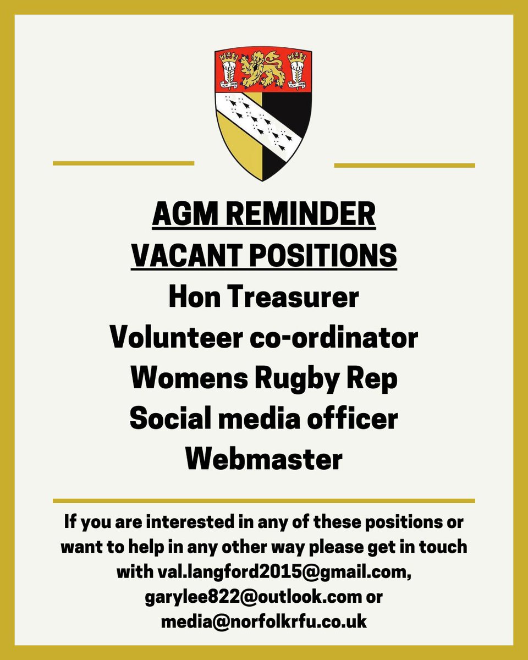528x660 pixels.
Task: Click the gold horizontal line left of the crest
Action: (x=123, y=163)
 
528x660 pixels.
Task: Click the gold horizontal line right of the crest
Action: (x=404, y=164)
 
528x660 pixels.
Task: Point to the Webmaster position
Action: (x=263, y=459)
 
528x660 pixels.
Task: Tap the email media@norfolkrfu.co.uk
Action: (x=263, y=621)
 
